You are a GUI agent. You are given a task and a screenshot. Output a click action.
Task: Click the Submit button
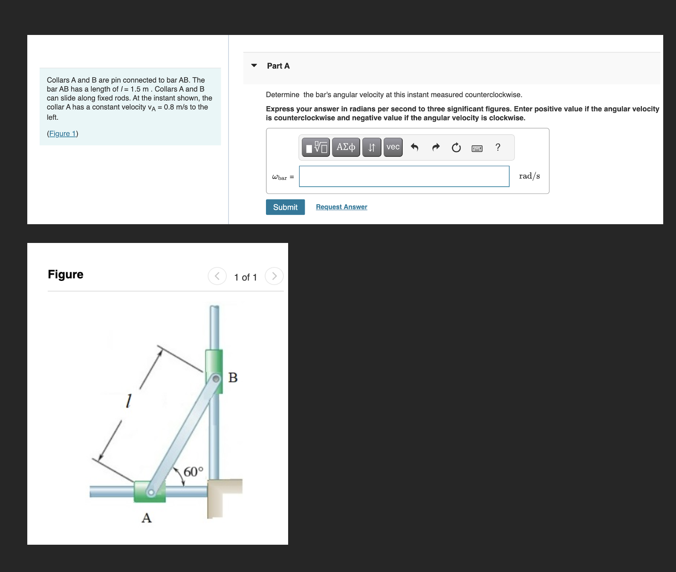285,207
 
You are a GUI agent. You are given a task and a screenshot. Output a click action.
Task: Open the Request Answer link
341,207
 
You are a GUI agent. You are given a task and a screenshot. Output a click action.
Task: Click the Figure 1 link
63,133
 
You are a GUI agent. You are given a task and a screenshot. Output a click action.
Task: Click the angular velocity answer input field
404,176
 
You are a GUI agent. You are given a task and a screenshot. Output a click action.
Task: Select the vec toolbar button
393,147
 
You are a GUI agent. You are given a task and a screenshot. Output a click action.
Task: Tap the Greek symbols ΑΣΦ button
346,147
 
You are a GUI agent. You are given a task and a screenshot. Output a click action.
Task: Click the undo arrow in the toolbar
414,147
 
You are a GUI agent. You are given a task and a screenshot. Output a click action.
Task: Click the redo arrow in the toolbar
436,147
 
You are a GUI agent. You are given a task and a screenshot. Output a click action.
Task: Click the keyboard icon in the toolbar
477,148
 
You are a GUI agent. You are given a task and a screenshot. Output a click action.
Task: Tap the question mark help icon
497,147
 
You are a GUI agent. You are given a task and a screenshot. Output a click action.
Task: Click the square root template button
316,147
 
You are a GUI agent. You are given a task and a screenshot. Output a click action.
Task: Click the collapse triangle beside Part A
254,66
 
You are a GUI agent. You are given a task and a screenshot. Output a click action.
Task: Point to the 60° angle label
193,472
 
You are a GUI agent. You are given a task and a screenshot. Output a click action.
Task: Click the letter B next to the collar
233,378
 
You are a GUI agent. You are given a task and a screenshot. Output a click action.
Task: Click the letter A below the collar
147,518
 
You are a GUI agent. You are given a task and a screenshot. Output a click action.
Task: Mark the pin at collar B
216,378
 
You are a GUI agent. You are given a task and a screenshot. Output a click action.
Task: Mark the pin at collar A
150,492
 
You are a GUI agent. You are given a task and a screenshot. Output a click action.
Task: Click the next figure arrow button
274,276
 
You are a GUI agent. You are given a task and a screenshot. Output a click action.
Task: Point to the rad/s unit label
529,176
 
